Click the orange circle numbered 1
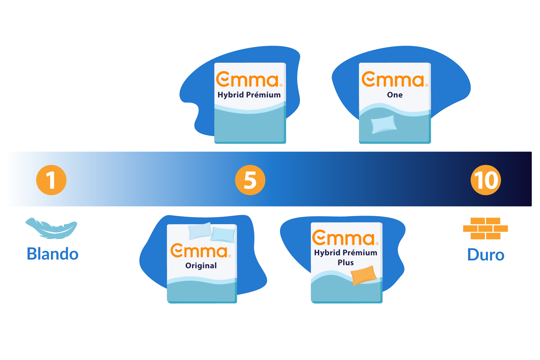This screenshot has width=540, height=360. (51, 180)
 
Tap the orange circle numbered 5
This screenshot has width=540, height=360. (250, 180)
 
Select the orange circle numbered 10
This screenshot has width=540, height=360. (486, 180)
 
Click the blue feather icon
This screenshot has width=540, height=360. (51, 228)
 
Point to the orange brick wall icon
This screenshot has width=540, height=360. (485, 228)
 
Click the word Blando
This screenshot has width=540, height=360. (53, 254)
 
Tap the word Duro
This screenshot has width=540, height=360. (486, 255)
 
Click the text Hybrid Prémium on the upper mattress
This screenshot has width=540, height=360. (249, 95)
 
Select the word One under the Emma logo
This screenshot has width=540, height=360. (395, 95)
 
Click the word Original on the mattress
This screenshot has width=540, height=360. (201, 265)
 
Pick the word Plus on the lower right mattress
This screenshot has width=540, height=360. (346, 262)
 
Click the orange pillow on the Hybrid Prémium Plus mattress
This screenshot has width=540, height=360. (364, 275)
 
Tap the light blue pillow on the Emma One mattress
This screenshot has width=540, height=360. (384, 124)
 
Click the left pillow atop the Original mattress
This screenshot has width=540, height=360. (200, 231)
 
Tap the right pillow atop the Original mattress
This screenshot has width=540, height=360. (223, 235)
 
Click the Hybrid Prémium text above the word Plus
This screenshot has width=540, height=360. (346, 253)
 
